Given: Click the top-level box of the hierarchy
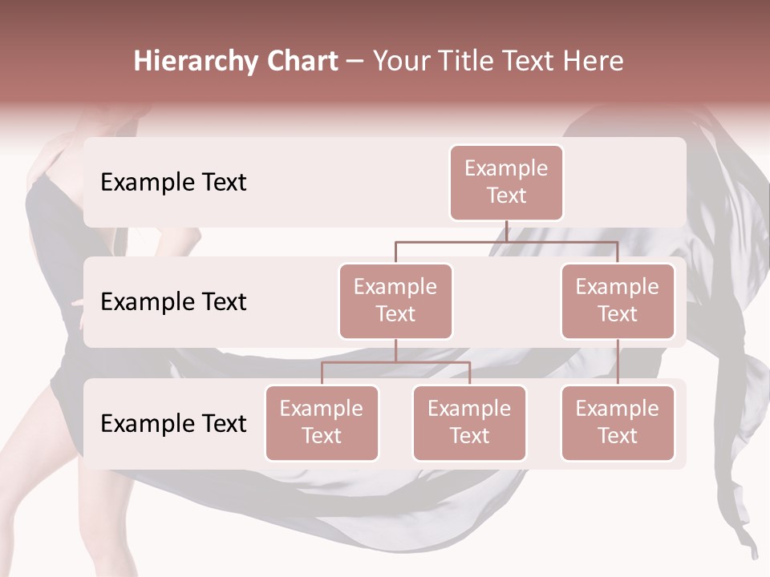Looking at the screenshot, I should [x=506, y=183].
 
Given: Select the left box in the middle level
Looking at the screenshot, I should [x=395, y=301].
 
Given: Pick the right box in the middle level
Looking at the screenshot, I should [x=618, y=301].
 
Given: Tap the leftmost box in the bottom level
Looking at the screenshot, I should [x=322, y=423].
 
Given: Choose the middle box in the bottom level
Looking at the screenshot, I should [x=469, y=423].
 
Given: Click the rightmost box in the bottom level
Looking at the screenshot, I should [x=618, y=423].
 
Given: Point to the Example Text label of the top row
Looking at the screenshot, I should [x=173, y=183].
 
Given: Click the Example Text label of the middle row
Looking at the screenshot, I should [x=173, y=302].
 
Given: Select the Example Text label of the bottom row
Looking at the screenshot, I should [x=173, y=423].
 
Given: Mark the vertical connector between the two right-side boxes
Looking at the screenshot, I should [x=618, y=362].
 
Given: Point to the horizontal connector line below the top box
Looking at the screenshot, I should [x=506, y=241].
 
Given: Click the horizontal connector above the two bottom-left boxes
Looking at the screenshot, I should [x=395, y=362].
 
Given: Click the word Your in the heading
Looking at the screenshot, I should [x=399, y=62].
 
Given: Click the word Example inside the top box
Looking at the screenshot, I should [x=506, y=168].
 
